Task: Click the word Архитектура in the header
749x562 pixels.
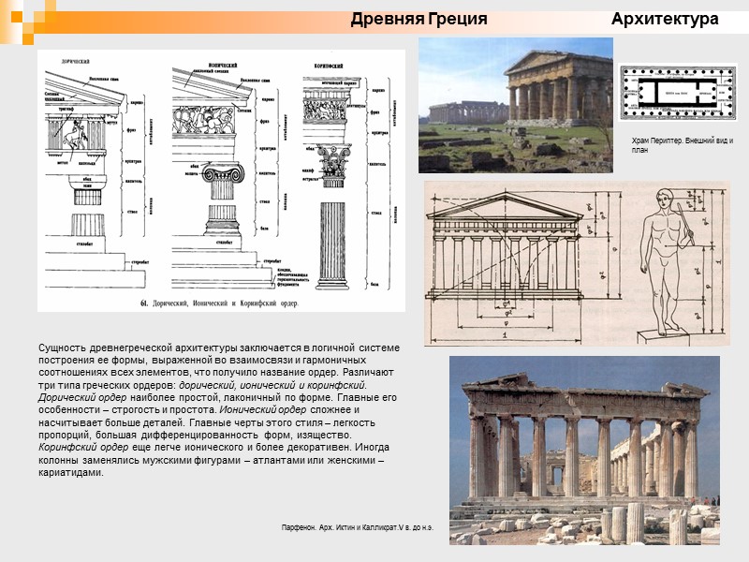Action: pyautogui.click(x=665, y=19)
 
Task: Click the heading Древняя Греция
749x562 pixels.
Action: pyautogui.click(x=419, y=19)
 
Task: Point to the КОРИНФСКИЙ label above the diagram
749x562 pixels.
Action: pyautogui.click(x=325, y=66)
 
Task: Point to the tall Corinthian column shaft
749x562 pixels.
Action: pyautogui.click(x=332, y=244)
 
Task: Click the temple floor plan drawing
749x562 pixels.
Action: pyautogui.click(x=677, y=93)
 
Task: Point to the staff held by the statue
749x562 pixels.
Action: pyautogui.click(x=690, y=229)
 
